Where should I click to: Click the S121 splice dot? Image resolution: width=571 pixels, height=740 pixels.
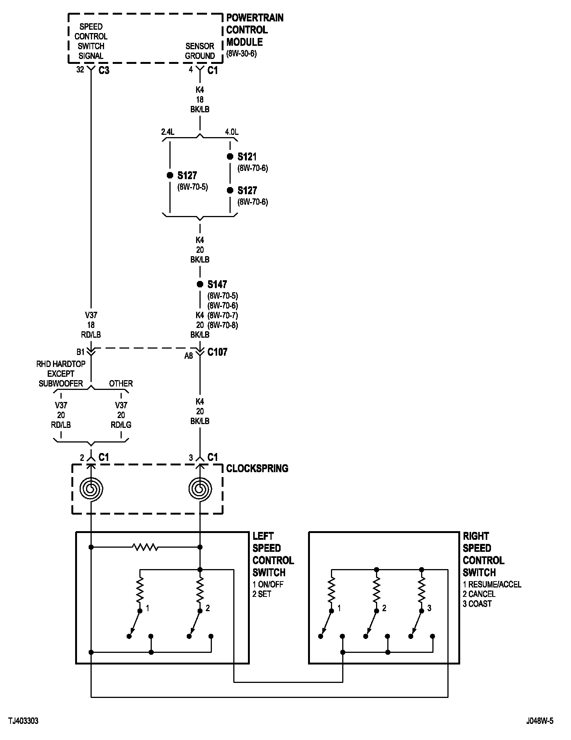point(230,157)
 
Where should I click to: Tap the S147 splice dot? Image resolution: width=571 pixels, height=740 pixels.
point(200,284)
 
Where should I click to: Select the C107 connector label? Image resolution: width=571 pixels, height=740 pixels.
point(218,352)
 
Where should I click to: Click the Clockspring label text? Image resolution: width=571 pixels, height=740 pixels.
point(257,468)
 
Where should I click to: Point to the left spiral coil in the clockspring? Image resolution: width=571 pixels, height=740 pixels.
point(91,489)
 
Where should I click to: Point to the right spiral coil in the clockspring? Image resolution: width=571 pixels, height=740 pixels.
point(200,489)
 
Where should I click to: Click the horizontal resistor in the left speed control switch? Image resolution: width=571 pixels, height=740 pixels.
point(146,547)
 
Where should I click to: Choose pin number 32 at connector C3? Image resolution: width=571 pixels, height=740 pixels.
point(80,70)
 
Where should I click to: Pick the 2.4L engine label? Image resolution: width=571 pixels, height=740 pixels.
point(168,132)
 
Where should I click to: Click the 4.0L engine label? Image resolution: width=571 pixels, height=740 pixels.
point(232,132)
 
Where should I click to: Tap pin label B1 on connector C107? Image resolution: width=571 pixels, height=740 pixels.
point(81,352)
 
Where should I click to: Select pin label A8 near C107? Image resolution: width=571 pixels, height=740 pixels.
point(189,356)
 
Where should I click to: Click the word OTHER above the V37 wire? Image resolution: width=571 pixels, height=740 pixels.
point(121,384)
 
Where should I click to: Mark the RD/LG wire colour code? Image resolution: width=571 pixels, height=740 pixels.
point(121,425)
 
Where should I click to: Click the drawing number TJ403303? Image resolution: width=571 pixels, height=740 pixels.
point(24,721)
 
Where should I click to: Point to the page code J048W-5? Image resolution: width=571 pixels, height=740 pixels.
point(540,721)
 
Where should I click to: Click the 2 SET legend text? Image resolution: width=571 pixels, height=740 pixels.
point(262,594)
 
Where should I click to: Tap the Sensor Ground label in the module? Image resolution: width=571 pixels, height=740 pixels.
point(200,51)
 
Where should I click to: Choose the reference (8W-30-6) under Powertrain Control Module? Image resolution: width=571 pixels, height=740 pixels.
point(242,54)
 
